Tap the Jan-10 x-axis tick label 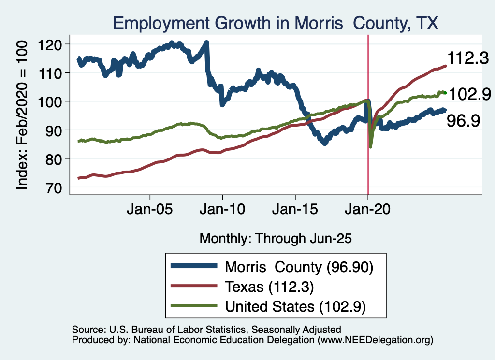(x=222, y=211)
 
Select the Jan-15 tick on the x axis (x=295, y=211)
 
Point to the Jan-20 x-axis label (x=368, y=211)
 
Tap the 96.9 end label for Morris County (x=463, y=121)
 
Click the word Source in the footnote (x=87, y=330)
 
